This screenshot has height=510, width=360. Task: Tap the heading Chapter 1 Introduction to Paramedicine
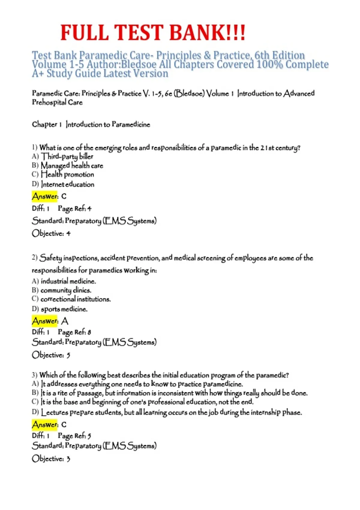91,124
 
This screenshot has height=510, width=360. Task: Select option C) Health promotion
63,174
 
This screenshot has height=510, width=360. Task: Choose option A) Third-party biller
63,156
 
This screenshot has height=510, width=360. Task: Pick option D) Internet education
63,184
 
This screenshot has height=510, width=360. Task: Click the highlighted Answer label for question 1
45,196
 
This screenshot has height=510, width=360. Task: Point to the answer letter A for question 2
65,321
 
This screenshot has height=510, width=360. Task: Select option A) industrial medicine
64,281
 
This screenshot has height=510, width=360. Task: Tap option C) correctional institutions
71,299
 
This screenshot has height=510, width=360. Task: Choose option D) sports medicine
60,309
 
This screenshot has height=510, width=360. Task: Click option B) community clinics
61,290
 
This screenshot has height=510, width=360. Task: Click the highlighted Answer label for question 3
45,424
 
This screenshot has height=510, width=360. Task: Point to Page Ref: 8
74,332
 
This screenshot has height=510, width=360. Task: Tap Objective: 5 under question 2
51,355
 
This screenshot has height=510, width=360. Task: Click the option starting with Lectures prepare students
167,412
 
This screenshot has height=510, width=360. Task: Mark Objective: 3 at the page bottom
51,459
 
